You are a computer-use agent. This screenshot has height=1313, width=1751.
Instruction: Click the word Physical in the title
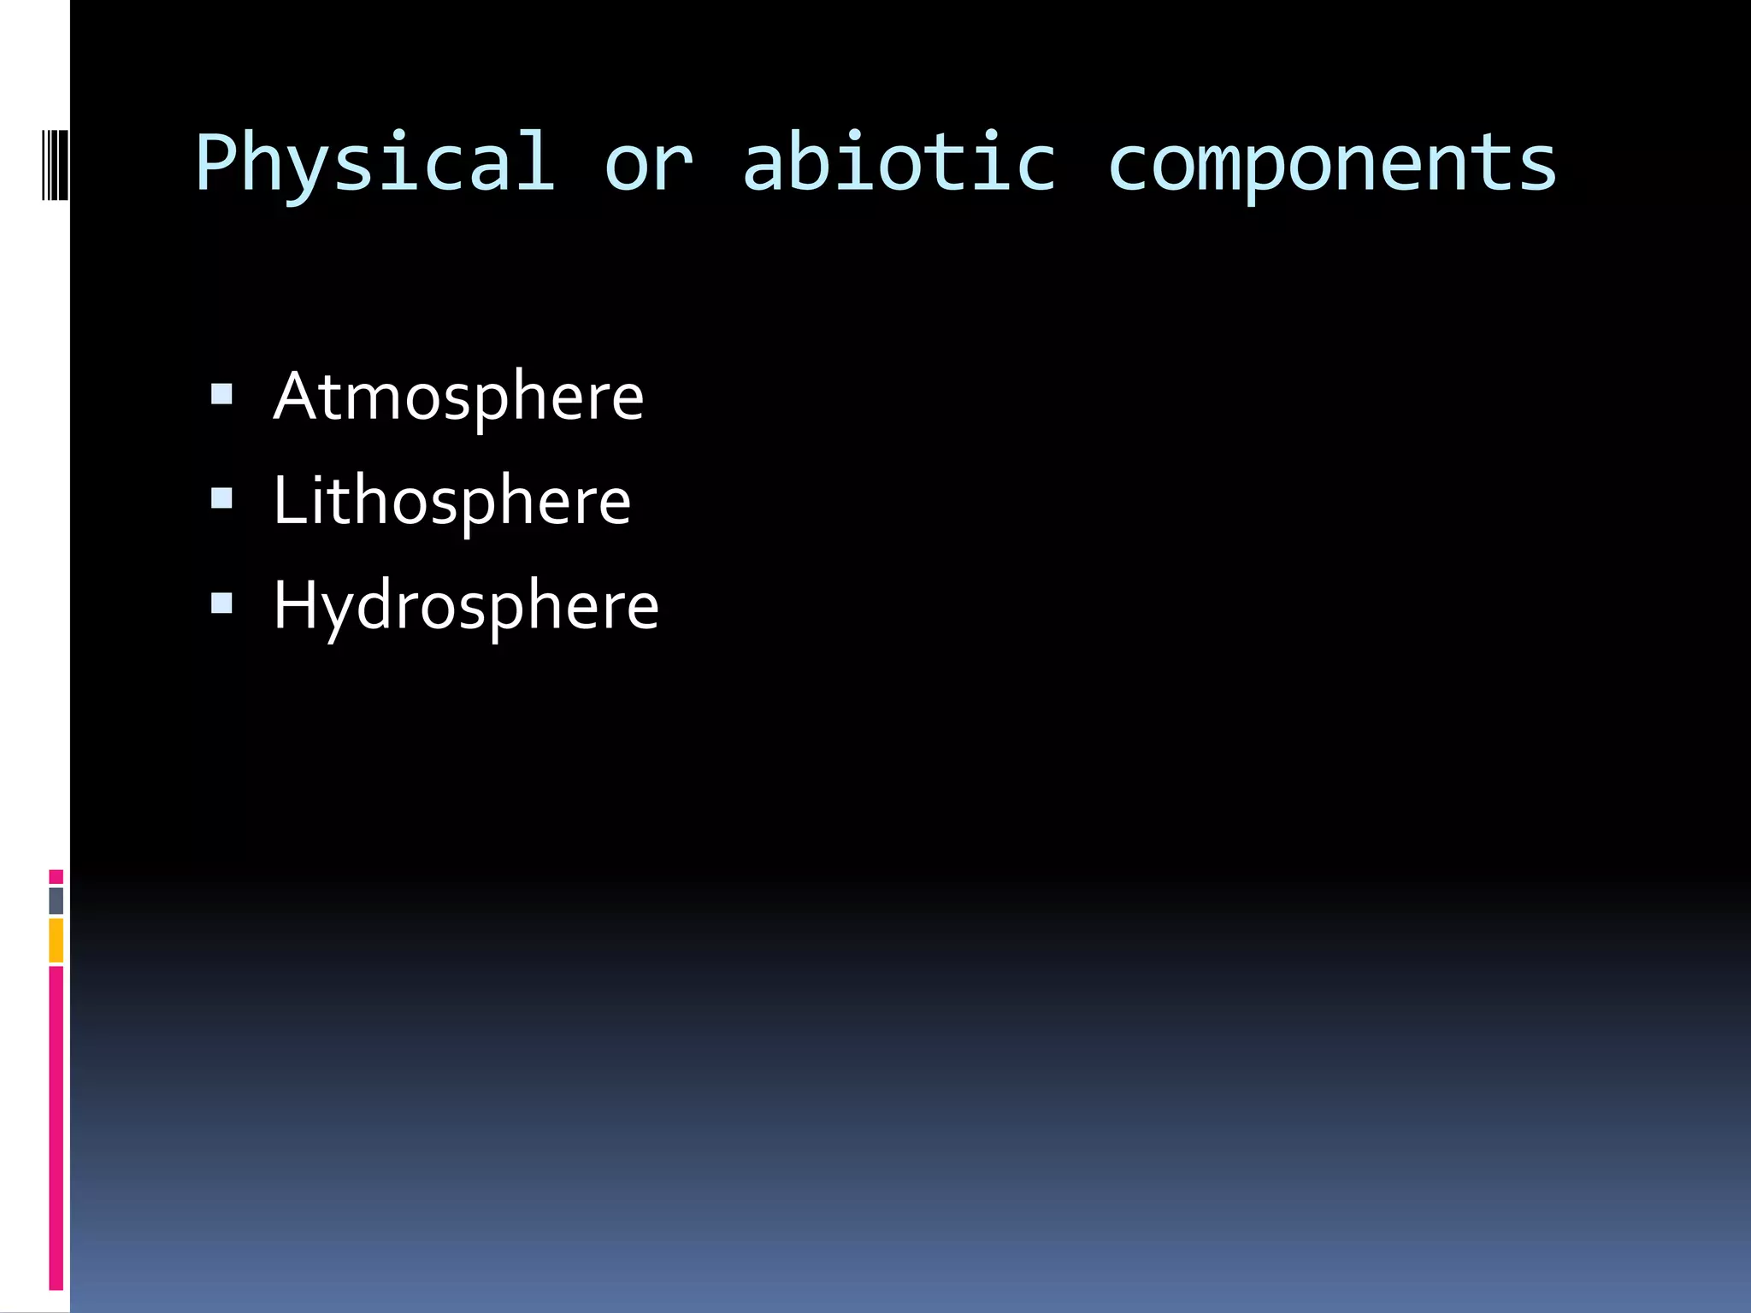[x=374, y=162]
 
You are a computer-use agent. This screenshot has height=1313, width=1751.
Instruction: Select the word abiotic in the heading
[x=899, y=162]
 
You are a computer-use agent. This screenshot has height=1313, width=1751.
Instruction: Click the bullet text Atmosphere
[x=458, y=397]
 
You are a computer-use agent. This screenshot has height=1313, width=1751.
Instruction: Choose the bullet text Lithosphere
[x=451, y=501]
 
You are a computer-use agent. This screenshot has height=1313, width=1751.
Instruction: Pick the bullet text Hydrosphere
[x=466, y=606]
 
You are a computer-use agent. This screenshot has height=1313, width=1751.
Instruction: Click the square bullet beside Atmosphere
[x=221, y=394]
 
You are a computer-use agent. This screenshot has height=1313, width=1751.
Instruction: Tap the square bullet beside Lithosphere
[x=221, y=498]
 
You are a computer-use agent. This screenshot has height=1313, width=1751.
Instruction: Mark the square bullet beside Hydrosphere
[x=221, y=604]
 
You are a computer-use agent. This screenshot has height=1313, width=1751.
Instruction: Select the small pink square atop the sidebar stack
[x=56, y=876]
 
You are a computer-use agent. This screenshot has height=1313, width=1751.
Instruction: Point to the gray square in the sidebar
[x=56, y=900]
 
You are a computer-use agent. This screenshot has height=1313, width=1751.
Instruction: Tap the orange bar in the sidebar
[x=56, y=939]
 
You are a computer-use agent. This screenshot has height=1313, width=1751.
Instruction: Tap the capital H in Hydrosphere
[x=296, y=605]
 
